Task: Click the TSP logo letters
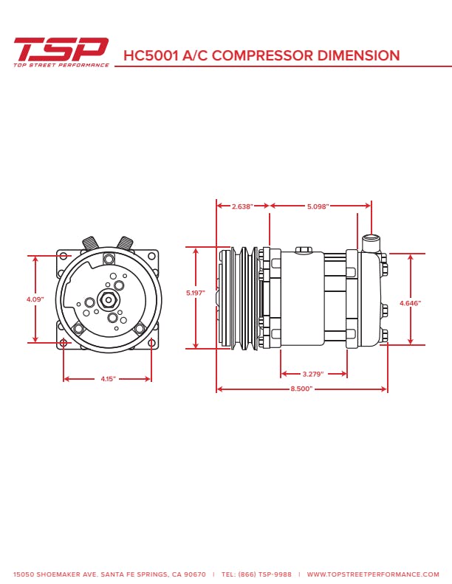(x=61, y=49)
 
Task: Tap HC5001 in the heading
(x=151, y=55)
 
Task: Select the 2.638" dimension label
(x=242, y=206)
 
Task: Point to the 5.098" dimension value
(x=318, y=206)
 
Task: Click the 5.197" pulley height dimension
(x=196, y=293)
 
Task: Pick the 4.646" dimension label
(x=410, y=303)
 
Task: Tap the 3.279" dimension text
(x=313, y=374)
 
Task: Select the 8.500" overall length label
(x=301, y=389)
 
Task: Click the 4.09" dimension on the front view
(x=35, y=299)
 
